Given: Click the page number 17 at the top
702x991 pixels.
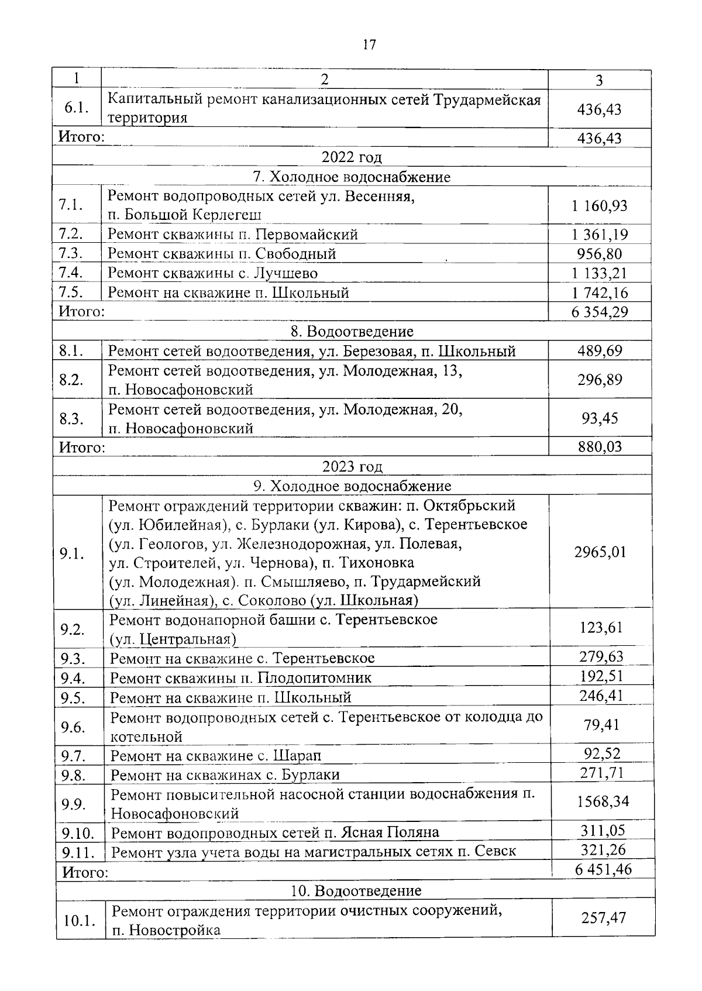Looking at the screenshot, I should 369,44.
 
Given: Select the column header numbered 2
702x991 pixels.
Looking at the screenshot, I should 325,80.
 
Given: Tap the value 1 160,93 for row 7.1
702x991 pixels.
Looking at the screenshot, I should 599,206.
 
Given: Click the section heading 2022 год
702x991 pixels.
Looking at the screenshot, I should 352,157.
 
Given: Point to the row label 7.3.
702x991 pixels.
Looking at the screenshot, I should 71,254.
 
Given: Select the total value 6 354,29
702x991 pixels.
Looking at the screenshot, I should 600,312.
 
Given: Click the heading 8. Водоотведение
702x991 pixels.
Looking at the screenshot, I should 352,332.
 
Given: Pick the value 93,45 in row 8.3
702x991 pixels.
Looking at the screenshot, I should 600,418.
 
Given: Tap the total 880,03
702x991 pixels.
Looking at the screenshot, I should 600,447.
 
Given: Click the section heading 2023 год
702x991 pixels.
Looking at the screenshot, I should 352,466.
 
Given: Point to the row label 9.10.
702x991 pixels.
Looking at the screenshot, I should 78,832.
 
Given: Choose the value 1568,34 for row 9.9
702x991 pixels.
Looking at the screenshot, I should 603,801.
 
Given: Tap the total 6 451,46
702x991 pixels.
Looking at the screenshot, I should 603,869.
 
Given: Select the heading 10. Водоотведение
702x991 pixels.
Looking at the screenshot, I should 356,891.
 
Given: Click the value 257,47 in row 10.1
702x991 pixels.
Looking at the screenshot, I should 603,917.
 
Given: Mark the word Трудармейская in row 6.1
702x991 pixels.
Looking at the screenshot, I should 487,99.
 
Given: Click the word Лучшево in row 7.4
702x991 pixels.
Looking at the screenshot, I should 285,273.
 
